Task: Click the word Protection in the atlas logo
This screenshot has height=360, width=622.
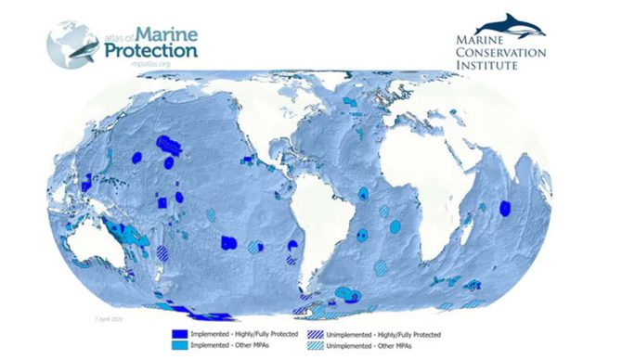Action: (x=149, y=48)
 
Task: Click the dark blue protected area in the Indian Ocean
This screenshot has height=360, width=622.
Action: (x=505, y=208)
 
